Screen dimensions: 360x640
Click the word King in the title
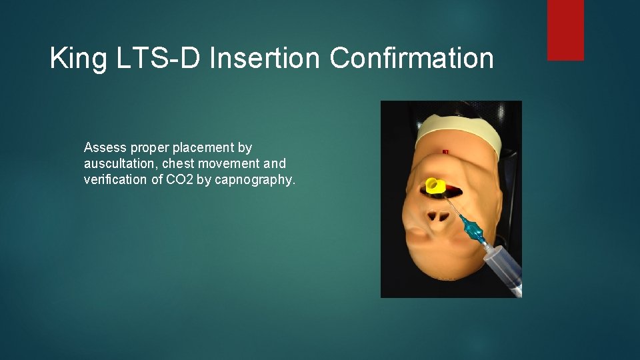[x=78, y=59]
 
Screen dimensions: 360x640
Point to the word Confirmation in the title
[x=411, y=59]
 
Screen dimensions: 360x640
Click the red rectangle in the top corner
[x=565, y=29]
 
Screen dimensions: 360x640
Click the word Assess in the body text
[x=105, y=147]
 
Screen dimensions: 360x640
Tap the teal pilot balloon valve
[x=473, y=230]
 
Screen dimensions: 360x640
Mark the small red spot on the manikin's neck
[x=445, y=153]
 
